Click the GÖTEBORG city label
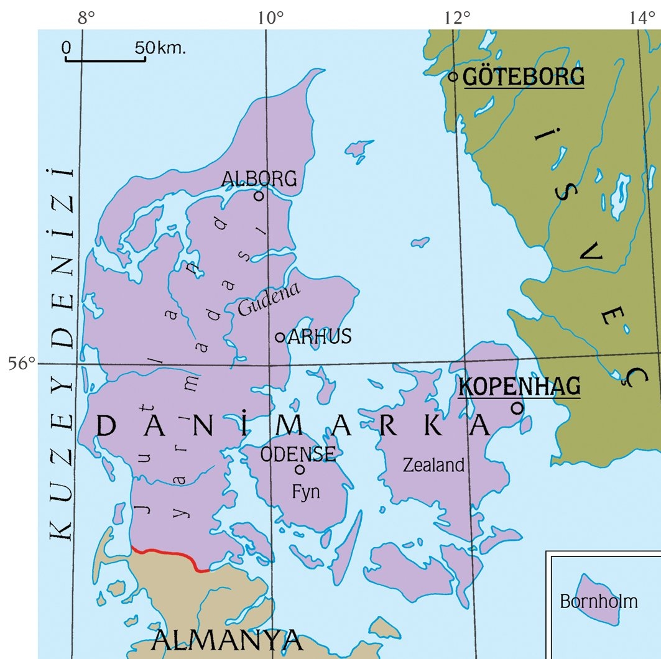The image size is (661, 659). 524,77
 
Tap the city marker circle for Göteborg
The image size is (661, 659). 453,76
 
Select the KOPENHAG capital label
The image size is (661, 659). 519,386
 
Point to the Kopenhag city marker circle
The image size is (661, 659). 517,408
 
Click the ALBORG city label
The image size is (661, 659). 259,179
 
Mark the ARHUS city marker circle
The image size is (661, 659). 280,337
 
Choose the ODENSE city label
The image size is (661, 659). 298,454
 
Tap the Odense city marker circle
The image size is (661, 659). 300,469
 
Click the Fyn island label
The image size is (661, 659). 306,492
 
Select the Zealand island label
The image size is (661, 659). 433,464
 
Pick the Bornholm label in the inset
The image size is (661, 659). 599,601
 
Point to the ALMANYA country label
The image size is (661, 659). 227,639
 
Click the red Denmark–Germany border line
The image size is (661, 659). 168,553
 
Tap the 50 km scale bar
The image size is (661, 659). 106,60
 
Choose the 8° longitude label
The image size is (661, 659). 86,17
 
